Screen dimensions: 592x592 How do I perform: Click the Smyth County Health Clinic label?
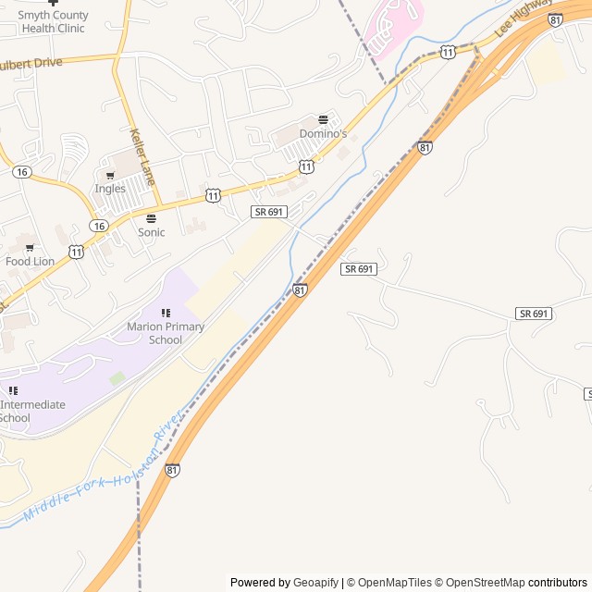pyautogui.click(x=53, y=21)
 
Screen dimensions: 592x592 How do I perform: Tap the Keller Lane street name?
pyautogui.click(x=142, y=154)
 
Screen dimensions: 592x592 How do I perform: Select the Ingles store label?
pyautogui.click(x=110, y=189)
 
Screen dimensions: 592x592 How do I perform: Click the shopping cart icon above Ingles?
pyautogui.click(x=110, y=175)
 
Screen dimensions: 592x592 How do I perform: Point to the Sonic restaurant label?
pyautogui.click(x=151, y=232)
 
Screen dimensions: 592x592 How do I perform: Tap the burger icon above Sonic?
pyautogui.click(x=151, y=218)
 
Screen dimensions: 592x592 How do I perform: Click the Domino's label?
pyautogui.click(x=323, y=134)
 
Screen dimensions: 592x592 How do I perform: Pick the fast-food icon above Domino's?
pyautogui.click(x=323, y=120)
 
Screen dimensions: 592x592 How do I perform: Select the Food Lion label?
pyautogui.click(x=31, y=261)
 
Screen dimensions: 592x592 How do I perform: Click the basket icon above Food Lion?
pyautogui.click(x=30, y=247)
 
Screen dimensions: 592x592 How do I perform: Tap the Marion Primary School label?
pyautogui.click(x=166, y=333)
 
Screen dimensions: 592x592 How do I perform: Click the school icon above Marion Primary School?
pyautogui.click(x=166, y=314)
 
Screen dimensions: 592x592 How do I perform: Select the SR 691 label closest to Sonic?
pyautogui.click(x=269, y=212)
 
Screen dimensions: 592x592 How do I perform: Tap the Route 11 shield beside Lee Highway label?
pyautogui.click(x=448, y=51)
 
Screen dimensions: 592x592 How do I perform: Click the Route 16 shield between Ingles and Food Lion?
pyautogui.click(x=97, y=226)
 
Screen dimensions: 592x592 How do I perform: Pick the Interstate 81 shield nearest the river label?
pyautogui.click(x=173, y=470)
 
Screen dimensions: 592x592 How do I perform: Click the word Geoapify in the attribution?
pyautogui.click(x=315, y=583)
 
